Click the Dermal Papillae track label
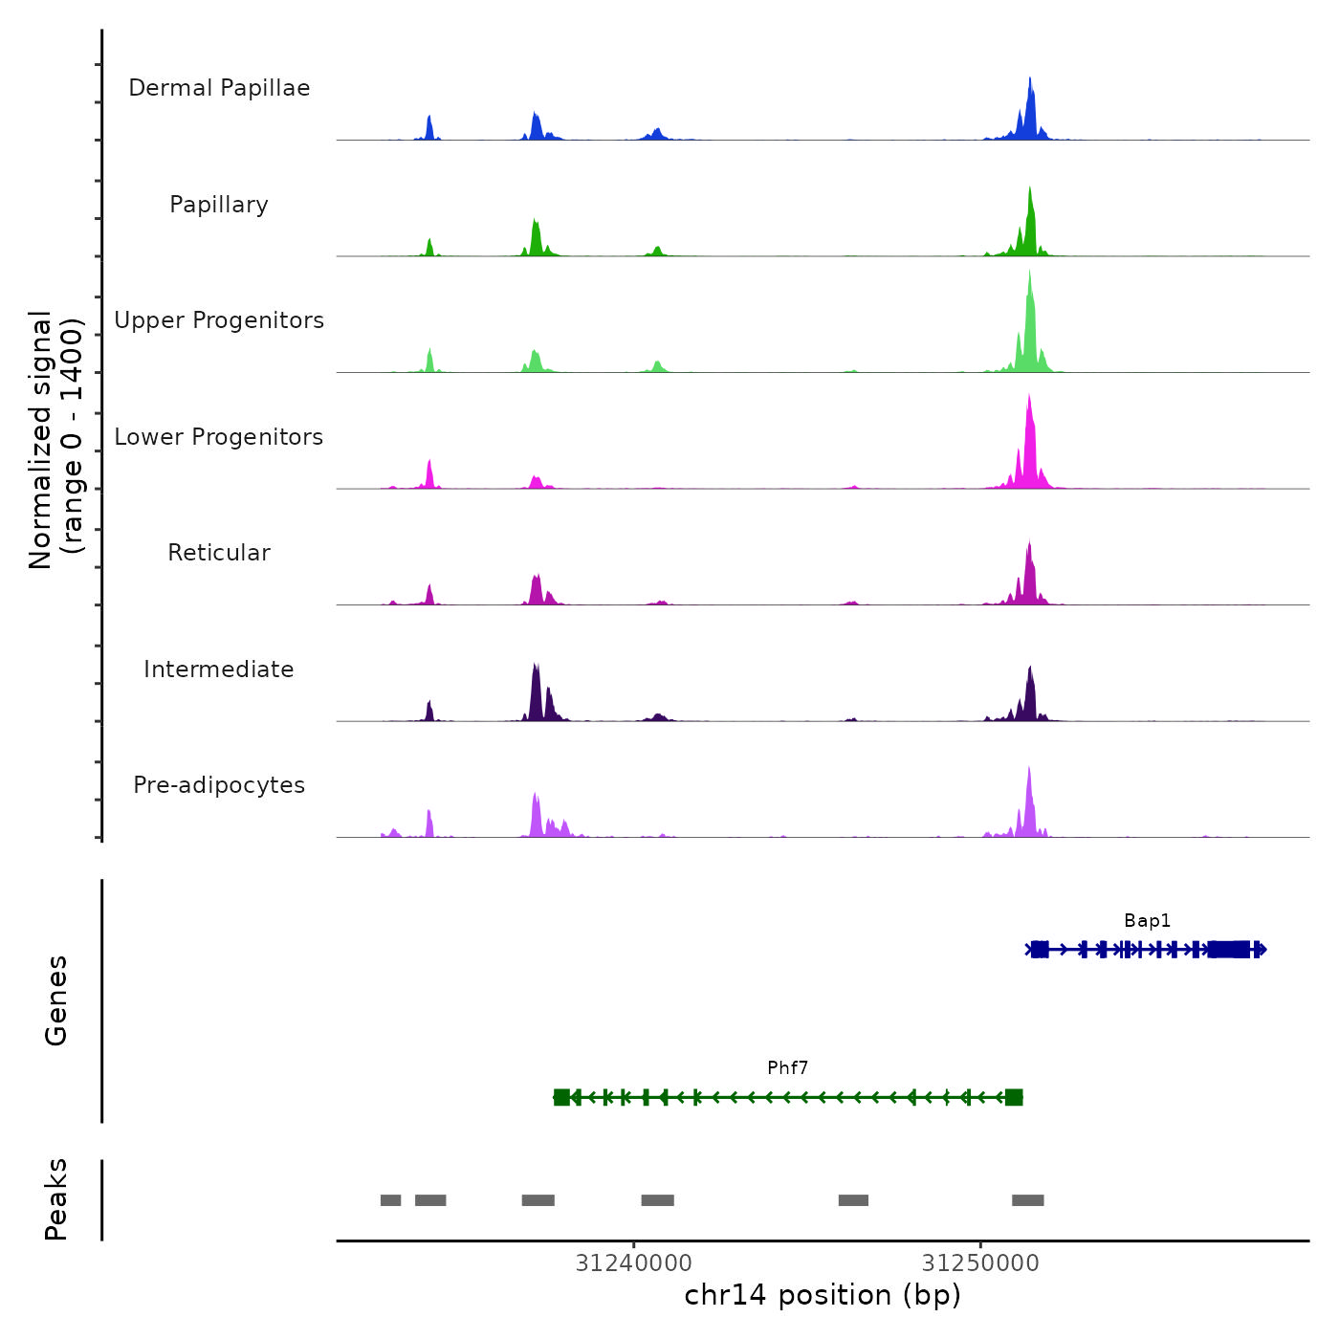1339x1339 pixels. point(219,88)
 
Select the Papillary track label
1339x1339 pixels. point(219,205)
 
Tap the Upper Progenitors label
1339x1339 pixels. point(219,320)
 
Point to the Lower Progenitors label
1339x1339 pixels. point(219,437)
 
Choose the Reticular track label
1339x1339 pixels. point(219,553)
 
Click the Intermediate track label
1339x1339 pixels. point(219,669)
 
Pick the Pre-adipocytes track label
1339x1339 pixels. point(219,785)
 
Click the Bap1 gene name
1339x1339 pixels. point(1147,921)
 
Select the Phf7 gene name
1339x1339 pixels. point(787,1068)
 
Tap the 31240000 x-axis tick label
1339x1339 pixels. point(633,1262)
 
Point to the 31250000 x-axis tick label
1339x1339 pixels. point(980,1262)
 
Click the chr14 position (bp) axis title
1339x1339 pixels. point(823,1295)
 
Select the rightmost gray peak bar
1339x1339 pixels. point(1028,1200)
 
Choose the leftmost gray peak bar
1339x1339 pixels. point(390,1200)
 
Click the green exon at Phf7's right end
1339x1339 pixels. point(1014,1097)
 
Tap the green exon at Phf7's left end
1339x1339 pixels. point(561,1097)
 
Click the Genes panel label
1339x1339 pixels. point(56,1000)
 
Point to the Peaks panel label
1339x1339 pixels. point(56,1199)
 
